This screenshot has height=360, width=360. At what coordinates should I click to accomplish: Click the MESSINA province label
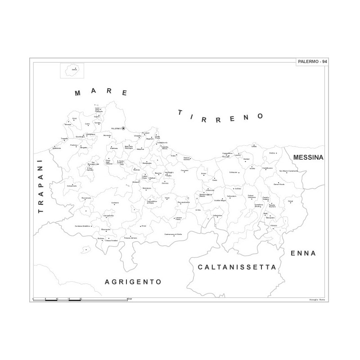pyautogui.click(x=309, y=157)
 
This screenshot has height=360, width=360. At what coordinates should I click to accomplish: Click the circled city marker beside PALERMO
pyautogui.click(x=123, y=128)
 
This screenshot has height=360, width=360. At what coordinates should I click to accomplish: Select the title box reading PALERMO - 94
pyautogui.click(x=313, y=62)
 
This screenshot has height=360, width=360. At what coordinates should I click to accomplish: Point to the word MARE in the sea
pyautogui.click(x=101, y=93)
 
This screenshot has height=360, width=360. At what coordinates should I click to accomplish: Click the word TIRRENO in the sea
pyautogui.click(x=220, y=116)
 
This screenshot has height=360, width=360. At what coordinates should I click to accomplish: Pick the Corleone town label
pyautogui.click(x=115, y=202)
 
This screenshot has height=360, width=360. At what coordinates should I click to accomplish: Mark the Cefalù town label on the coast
pyautogui.click(x=254, y=147)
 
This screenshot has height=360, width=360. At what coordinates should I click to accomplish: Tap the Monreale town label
pyautogui.click(x=107, y=135)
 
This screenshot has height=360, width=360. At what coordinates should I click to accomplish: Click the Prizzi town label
pyautogui.click(x=144, y=226)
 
